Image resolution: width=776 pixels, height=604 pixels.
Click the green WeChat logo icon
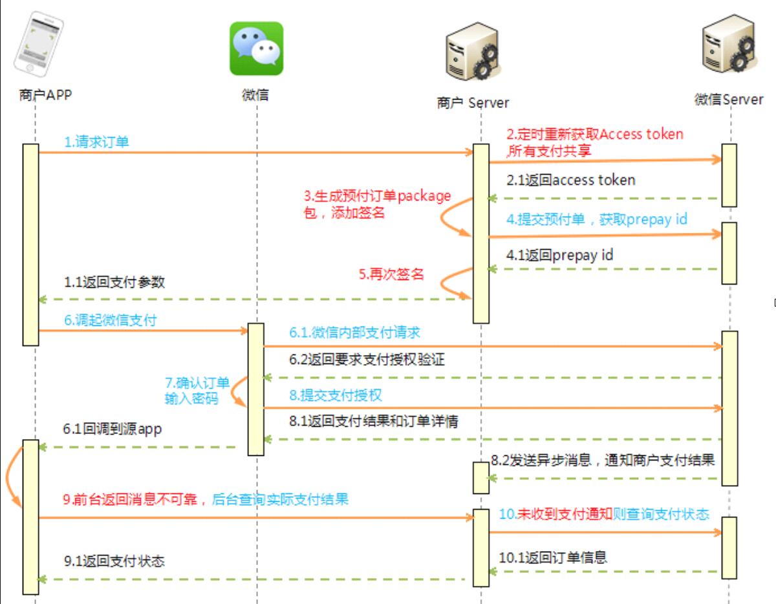257,49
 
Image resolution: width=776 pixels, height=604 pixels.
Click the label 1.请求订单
96,142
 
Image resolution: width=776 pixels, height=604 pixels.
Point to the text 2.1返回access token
571,180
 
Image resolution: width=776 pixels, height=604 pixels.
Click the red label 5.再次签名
391,274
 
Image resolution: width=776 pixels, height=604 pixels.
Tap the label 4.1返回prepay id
560,255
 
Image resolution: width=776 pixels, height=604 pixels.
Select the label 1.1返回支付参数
114,282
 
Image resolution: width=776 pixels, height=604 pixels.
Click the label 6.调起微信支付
110,319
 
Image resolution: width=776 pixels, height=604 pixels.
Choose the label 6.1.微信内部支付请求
355,332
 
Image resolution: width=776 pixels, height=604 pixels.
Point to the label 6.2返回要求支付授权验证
367,359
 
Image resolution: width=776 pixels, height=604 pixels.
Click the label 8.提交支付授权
340,394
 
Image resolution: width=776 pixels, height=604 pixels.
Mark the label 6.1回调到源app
113,428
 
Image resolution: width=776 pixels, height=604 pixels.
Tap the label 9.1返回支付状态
114,561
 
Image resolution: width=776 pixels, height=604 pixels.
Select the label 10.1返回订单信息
553,557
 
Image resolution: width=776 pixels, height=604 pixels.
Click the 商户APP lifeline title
45,95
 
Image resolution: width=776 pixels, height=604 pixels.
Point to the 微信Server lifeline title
729,100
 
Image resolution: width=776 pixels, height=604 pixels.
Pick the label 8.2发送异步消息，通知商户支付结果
603,460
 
